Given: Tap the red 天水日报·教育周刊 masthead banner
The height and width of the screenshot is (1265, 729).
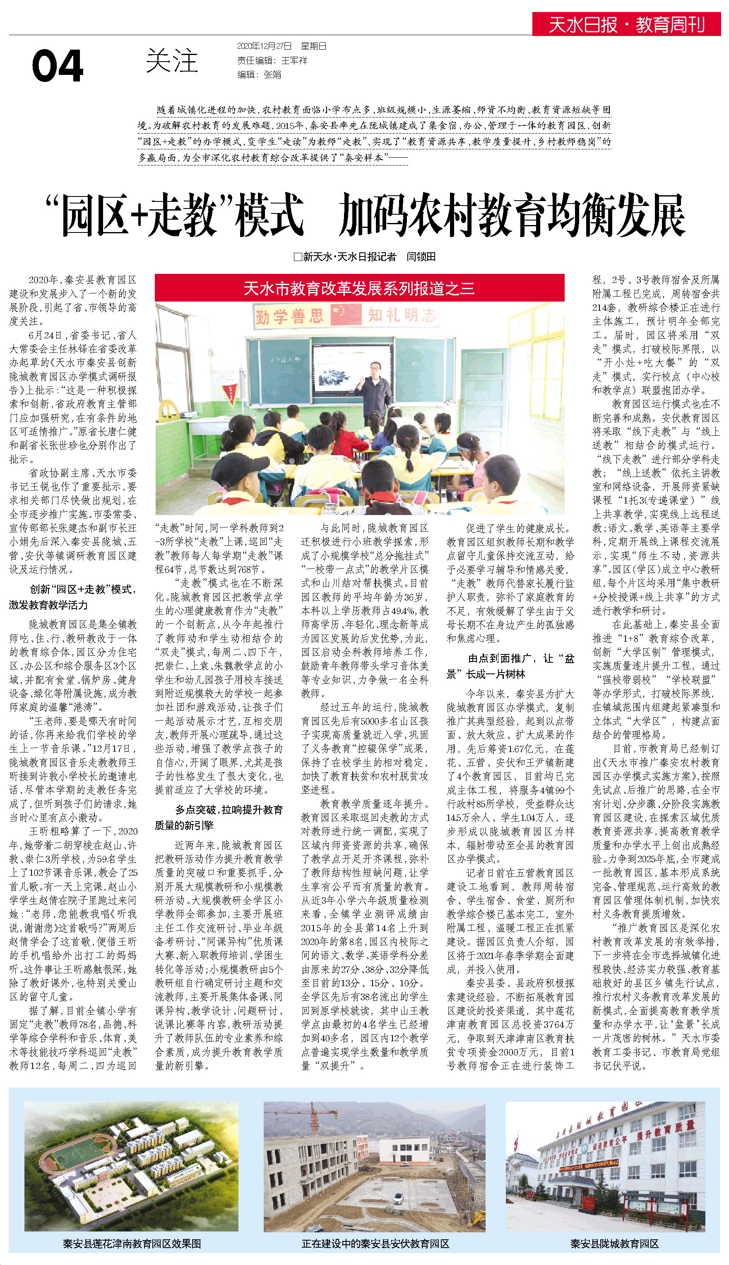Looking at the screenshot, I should tap(626, 24).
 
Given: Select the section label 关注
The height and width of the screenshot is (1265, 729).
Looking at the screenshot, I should tap(172, 61).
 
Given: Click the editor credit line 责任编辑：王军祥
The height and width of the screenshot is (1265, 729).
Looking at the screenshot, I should tap(272, 60).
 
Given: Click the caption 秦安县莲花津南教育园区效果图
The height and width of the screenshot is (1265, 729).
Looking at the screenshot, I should tap(132, 1243).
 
